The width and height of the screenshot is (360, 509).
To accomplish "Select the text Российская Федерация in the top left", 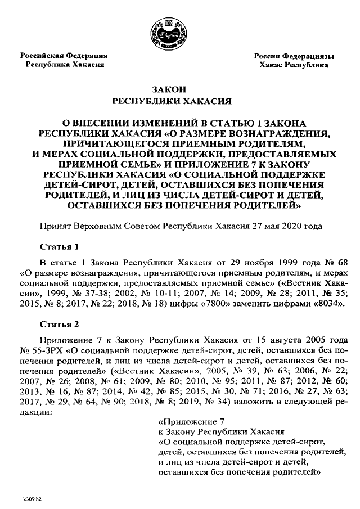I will coord(64,56).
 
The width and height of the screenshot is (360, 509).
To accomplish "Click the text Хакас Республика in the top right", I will coord(294,65).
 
